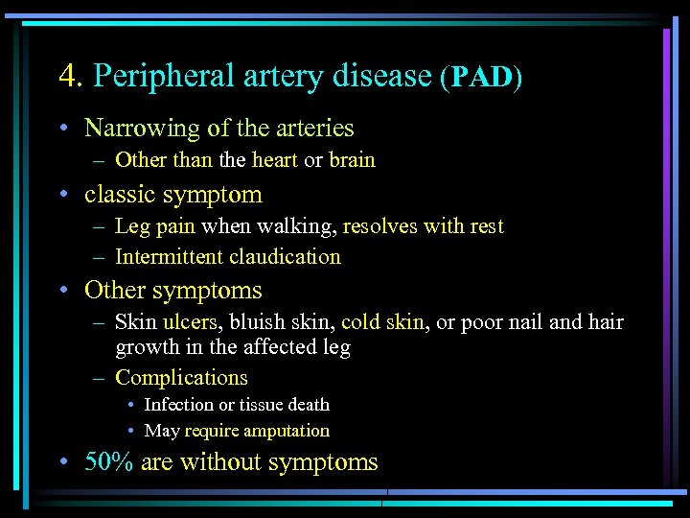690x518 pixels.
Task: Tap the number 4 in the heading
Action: [x=66, y=75]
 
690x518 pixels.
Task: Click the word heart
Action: [x=275, y=159]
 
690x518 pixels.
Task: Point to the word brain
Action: [x=352, y=159]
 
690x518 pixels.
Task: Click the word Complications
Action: [x=181, y=378]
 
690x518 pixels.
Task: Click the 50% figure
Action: [x=108, y=462]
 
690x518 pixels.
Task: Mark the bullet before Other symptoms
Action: [x=62, y=291]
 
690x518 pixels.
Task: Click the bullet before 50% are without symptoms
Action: [x=62, y=463]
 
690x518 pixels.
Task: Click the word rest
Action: [x=485, y=226]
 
